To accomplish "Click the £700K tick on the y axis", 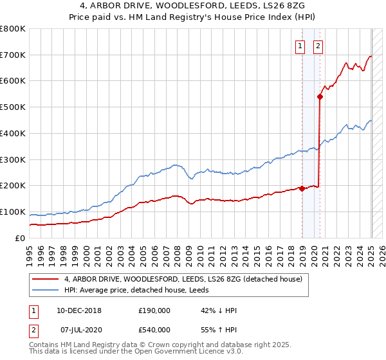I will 14,55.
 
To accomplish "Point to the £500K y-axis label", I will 14,107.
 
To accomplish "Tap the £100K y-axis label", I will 14,212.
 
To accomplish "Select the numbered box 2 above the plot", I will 318,45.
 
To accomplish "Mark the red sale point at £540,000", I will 320,96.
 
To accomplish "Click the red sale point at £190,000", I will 302,188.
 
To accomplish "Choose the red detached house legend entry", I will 187,278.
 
